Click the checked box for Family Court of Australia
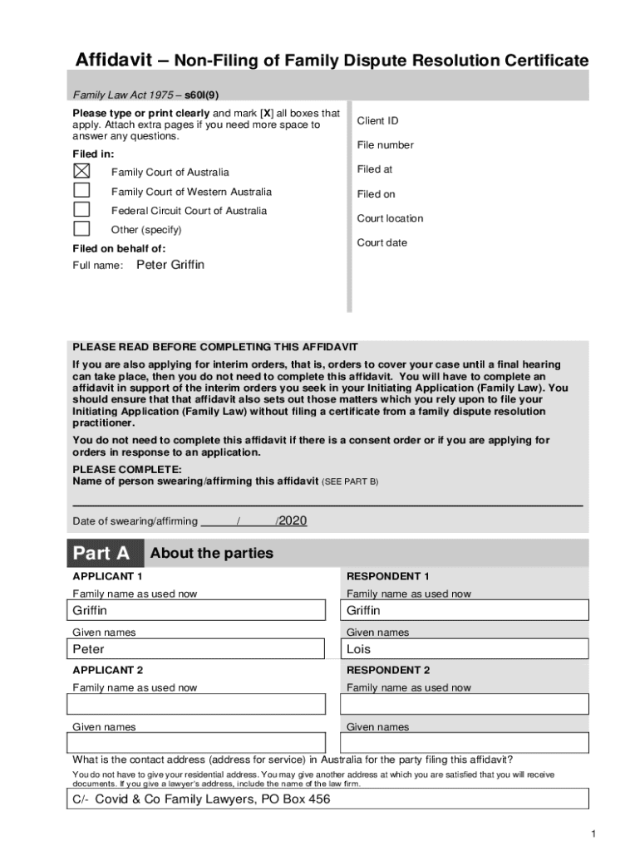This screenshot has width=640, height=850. pos(81,171)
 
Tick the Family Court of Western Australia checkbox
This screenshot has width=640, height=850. pos(81,190)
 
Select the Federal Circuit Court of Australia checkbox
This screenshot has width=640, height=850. pos(81,209)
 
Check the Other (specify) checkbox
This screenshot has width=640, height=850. pos(81,228)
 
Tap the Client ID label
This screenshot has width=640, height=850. pos(377,121)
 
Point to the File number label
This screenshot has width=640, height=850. pos(385,145)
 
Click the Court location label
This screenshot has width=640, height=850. pos(390,218)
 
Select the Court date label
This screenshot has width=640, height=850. pos(382,243)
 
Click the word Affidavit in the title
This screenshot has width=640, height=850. pos(114,61)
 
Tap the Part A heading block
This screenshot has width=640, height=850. pos(102,554)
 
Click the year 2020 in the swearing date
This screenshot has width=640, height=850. pos(293,520)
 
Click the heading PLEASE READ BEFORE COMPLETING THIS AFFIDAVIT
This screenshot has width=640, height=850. pos(215,347)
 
